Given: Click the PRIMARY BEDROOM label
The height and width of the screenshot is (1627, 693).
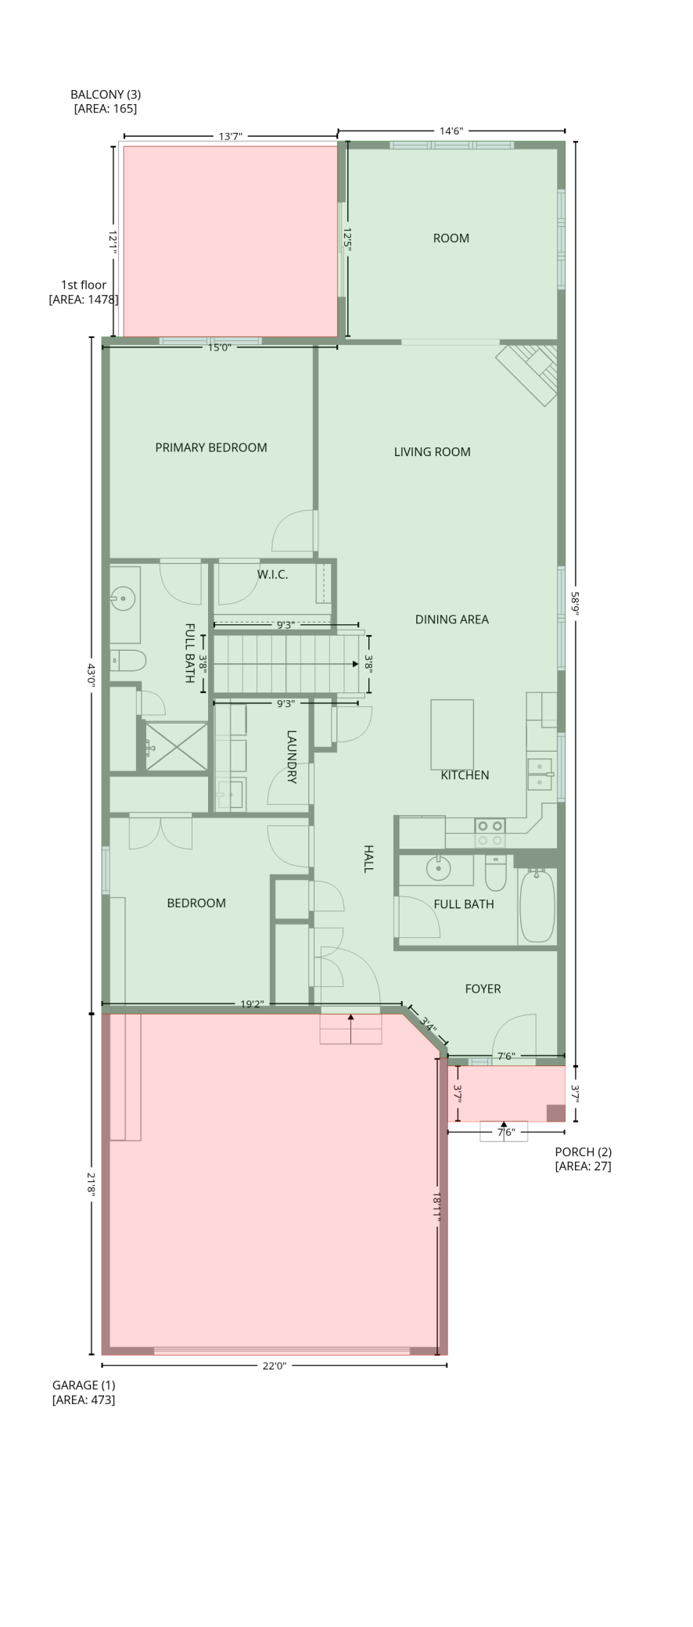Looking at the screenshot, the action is (x=211, y=447).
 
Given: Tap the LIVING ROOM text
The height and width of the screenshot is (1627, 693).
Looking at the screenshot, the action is (x=432, y=451).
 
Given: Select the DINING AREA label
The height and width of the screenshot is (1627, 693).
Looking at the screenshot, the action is (x=451, y=619).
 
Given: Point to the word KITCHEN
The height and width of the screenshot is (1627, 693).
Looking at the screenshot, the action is (x=465, y=774).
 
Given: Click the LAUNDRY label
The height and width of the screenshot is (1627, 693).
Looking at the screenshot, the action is (x=291, y=756).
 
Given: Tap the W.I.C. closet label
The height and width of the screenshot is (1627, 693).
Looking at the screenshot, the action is (x=272, y=574).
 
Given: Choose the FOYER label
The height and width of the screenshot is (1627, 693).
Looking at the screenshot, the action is (x=483, y=988).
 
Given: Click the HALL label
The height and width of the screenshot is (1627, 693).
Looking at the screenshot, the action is (x=368, y=858).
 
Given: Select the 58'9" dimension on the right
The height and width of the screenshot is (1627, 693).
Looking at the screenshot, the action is (x=576, y=603).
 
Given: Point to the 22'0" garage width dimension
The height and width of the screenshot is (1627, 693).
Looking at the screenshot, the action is (x=274, y=1365).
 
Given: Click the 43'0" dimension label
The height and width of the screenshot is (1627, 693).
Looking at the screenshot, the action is (x=91, y=673).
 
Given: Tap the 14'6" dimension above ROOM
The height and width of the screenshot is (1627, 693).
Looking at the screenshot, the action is (x=451, y=131).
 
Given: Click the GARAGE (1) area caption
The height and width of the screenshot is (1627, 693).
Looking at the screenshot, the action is (x=84, y=1392).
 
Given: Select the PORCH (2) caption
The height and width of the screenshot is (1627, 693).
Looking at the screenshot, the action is (x=583, y=1158).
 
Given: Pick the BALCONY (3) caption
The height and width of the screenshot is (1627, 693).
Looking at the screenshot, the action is (x=106, y=102).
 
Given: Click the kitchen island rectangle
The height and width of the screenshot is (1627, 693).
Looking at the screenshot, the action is (x=452, y=734).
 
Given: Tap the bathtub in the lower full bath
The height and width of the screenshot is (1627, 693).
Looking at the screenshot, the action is (x=537, y=905).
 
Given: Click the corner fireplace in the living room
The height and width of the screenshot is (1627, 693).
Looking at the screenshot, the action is (x=528, y=374).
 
